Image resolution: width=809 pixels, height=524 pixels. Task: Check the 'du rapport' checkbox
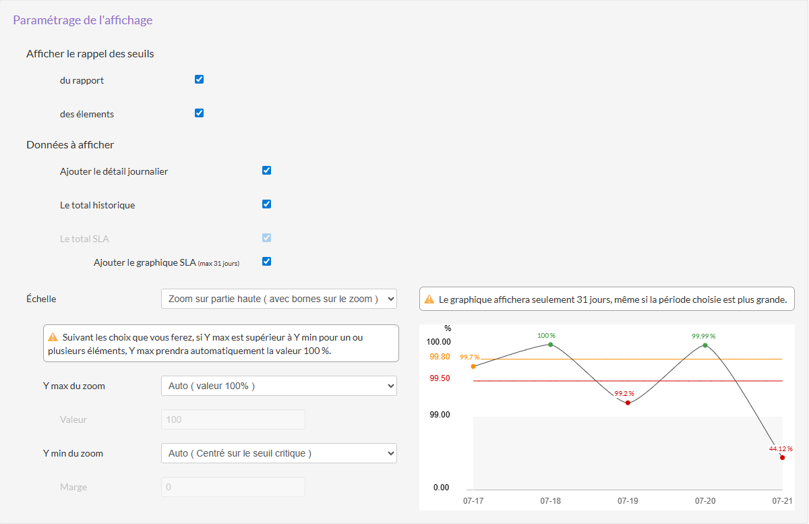(199, 80)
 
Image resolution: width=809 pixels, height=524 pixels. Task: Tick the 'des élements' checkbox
(199, 113)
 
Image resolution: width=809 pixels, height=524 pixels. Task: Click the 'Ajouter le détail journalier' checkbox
(266, 171)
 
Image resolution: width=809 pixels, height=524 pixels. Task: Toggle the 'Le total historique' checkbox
(266, 204)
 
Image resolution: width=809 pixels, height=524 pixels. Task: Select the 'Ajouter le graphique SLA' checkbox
(266, 262)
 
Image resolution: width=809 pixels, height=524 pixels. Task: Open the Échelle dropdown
(279, 299)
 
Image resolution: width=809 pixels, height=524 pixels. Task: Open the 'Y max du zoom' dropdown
(279, 386)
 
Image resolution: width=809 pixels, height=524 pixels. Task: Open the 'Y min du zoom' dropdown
(279, 453)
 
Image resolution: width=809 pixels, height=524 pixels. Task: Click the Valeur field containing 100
(233, 419)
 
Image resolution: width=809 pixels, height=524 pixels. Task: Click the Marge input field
(233, 487)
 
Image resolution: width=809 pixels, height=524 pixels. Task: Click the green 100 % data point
(551, 345)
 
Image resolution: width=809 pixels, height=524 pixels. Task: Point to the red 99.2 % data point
(628, 403)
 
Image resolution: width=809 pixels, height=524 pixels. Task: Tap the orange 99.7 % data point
(473, 366)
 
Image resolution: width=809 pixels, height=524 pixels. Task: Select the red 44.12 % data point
(782, 458)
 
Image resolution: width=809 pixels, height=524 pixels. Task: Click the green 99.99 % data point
(705, 345)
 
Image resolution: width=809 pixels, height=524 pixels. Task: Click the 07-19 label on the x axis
(628, 501)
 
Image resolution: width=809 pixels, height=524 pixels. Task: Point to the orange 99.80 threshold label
(440, 357)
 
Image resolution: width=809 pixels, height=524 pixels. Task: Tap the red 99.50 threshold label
(440, 378)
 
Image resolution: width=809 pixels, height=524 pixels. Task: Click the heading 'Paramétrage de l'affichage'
(83, 20)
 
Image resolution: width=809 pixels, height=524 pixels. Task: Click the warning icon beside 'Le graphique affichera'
(429, 299)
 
